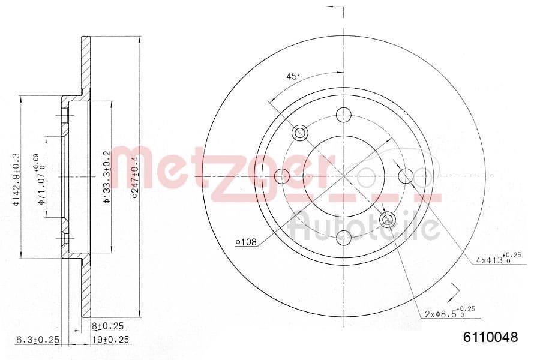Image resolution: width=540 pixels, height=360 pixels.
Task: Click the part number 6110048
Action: (490, 338)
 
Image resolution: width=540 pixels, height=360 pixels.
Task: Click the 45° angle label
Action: (292, 76)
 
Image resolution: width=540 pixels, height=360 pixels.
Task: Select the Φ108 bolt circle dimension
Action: (245, 242)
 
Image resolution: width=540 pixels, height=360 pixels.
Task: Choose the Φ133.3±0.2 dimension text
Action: (107, 178)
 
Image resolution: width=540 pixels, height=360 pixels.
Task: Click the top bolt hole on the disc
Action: (343, 113)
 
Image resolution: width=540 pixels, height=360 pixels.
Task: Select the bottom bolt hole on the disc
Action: (343, 238)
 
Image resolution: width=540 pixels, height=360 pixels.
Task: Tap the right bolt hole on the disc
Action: (406, 176)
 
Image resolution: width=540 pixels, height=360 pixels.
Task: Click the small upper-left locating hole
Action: (299, 132)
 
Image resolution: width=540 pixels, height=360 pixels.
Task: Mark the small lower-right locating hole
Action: (388, 220)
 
